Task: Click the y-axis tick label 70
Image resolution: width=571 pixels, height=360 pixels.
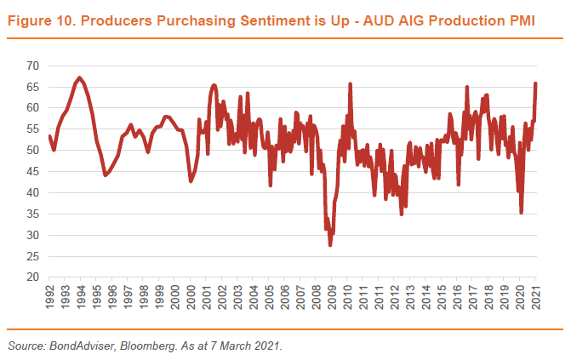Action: tap(32, 66)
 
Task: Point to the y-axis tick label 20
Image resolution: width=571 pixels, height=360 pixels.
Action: tap(32, 277)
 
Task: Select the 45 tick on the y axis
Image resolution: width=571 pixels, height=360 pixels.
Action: tap(32, 171)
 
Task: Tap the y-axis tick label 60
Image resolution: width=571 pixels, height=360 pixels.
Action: tap(32, 108)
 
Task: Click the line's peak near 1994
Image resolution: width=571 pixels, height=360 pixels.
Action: tap(79, 77)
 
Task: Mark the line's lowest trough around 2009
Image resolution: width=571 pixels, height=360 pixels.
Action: tap(330, 245)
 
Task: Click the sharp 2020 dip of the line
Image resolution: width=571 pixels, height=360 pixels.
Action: tap(521, 213)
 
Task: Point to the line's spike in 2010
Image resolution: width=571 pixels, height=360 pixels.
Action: tap(350, 83)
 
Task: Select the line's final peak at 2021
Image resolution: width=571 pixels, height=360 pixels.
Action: tap(536, 83)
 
